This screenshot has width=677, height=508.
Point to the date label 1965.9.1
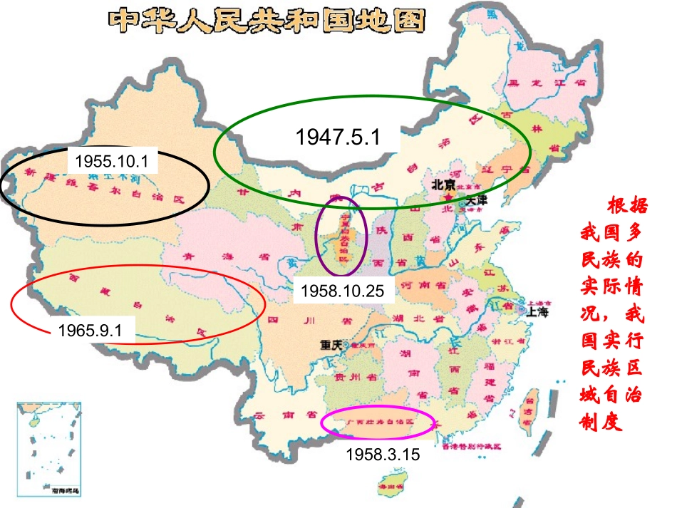tap(91, 331)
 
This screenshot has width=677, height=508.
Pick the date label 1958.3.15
tap(383, 453)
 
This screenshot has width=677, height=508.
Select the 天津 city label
tap(475, 201)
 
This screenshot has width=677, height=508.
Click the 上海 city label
tap(539, 311)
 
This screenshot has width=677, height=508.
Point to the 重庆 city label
tap(331, 344)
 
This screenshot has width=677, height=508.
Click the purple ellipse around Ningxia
tap(342, 235)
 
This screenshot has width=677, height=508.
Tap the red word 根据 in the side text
tap(628, 207)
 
